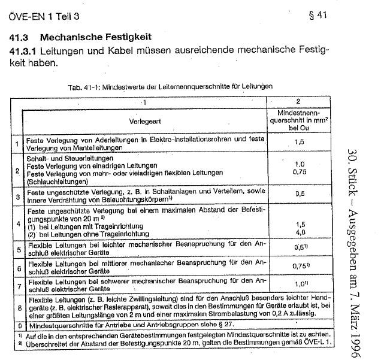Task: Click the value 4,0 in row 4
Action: point(298,232)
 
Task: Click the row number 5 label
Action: point(17,248)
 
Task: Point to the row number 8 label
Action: point(17,305)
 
